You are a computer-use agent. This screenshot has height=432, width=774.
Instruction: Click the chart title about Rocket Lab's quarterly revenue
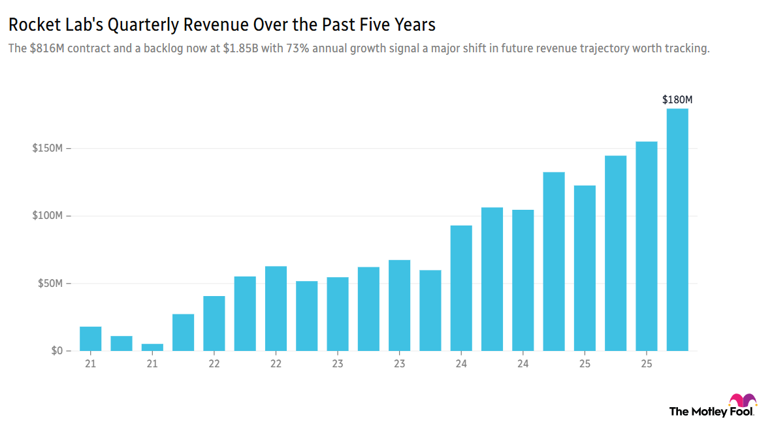[221, 25]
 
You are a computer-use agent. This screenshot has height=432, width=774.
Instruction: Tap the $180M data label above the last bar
[677, 100]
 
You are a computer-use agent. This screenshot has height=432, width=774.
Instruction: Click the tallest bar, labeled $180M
[677, 229]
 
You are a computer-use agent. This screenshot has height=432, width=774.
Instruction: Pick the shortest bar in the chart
[152, 347]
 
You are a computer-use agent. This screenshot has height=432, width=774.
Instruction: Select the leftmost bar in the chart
[90, 339]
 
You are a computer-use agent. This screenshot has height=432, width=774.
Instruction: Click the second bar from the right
[646, 246]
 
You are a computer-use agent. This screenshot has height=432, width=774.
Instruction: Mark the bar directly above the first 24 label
[461, 288]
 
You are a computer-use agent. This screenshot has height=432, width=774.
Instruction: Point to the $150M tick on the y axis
[47, 148]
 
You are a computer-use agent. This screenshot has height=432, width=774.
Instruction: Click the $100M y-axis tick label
[47, 216]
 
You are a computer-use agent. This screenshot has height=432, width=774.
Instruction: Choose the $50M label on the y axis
[49, 284]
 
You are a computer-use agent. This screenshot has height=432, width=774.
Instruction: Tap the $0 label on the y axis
[56, 351]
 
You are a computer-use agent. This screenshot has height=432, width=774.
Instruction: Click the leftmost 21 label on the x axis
[90, 363]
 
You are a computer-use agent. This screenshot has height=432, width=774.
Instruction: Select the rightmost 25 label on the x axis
[646, 363]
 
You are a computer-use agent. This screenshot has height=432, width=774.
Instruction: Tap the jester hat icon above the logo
[743, 401]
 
